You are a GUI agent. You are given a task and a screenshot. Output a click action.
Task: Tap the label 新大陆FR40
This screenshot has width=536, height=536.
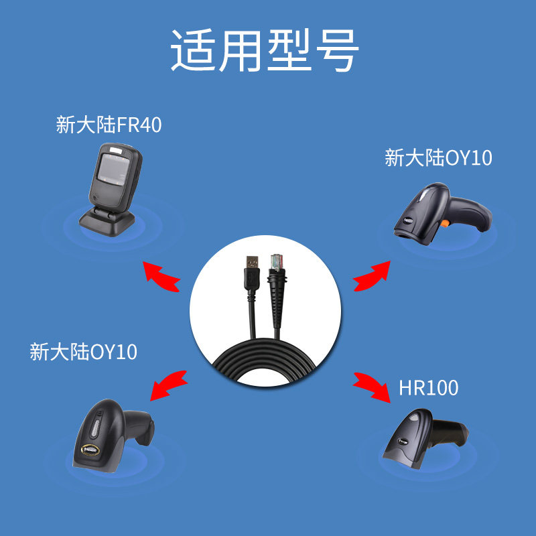109,125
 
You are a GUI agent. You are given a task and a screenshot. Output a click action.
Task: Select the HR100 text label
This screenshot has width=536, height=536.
428,387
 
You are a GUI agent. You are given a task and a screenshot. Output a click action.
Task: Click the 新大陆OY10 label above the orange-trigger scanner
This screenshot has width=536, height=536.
438,158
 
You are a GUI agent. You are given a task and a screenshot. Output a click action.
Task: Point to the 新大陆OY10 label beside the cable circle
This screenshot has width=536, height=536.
83,351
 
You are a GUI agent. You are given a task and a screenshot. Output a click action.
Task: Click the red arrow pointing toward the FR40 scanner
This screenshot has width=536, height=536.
161,277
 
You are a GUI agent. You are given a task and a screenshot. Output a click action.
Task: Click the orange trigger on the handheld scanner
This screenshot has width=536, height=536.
444,222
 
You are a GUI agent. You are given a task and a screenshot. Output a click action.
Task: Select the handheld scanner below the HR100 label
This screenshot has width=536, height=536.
422,439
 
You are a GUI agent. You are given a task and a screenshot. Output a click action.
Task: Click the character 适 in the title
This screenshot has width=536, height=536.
193,50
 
